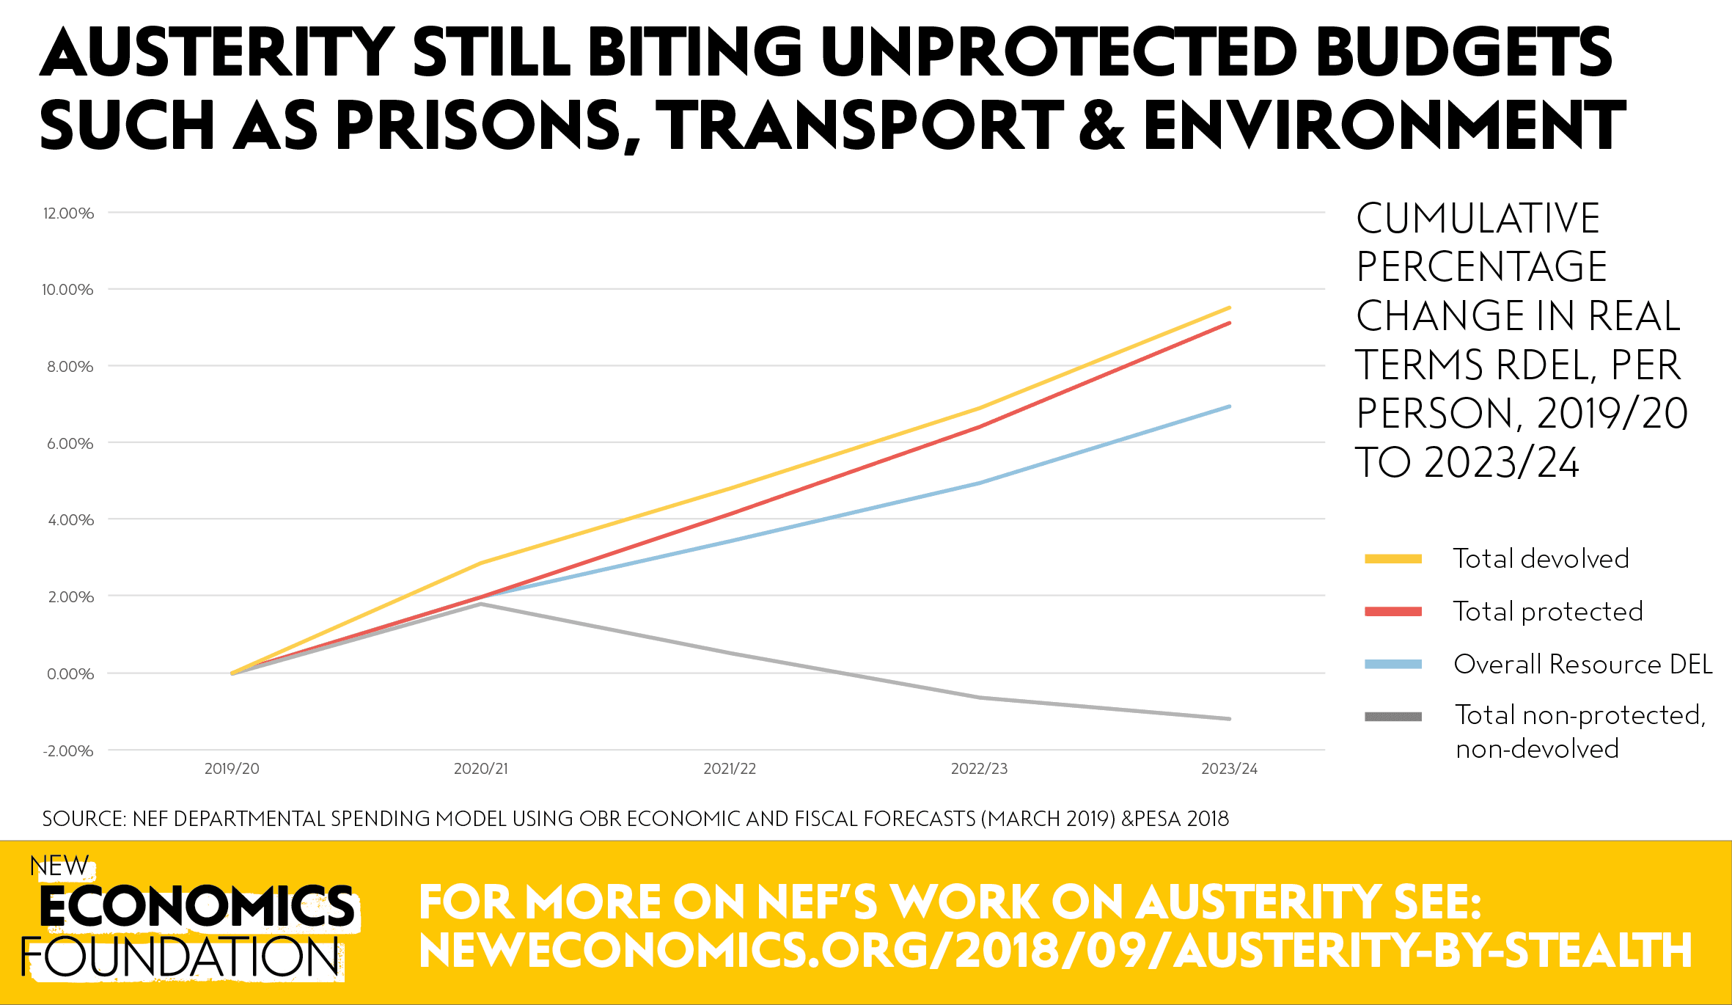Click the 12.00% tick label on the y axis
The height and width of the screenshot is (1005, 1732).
click(x=68, y=213)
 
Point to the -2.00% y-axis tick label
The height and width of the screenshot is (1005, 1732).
click(x=68, y=751)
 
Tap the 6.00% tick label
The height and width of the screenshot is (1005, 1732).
click(x=70, y=444)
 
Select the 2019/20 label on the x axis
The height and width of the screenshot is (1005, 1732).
click(x=232, y=769)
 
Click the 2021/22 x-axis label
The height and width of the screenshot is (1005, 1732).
click(x=730, y=769)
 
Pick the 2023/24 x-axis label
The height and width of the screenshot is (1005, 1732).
click(x=1229, y=769)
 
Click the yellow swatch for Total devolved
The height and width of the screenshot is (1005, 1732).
click(x=1393, y=559)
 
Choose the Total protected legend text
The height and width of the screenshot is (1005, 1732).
click(x=1548, y=612)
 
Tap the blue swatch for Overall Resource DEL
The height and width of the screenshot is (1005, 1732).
click(x=1393, y=665)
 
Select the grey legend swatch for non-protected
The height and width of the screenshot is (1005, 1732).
click(x=1393, y=717)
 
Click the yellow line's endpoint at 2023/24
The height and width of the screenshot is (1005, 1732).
click(x=1230, y=307)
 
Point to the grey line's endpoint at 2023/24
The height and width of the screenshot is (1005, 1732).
click(x=1230, y=719)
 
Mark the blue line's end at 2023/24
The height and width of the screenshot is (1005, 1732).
click(x=1230, y=406)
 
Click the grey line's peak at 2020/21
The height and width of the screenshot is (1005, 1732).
click(x=481, y=604)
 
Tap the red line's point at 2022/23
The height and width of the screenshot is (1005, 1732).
click(x=980, y=426)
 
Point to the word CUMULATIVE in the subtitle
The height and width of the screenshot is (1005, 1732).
click(x=1478, y=219)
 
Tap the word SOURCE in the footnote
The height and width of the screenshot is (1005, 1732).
click(x=81, y=819)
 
